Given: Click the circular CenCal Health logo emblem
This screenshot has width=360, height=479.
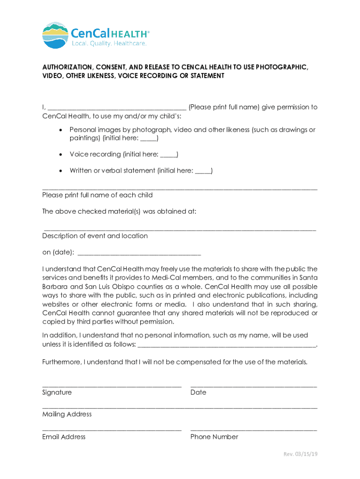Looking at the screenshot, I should point(55,36).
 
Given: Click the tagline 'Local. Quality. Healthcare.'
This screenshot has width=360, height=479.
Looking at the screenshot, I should point(109,44).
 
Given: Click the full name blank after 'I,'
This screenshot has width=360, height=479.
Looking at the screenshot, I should point(117,108).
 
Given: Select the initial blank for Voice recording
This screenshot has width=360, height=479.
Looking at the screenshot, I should point(168,155).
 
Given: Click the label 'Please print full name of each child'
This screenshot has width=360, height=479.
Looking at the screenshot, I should point(97,195).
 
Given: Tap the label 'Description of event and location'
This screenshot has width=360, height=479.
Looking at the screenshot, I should point(95,236).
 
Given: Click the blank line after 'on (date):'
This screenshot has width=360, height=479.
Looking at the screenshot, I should point(139,253).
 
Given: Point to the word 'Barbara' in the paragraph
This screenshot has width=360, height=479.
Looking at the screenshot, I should point(54,287).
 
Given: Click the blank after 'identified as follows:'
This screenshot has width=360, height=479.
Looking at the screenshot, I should point(227,345).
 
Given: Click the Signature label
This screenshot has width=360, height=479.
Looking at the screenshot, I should point(57,393).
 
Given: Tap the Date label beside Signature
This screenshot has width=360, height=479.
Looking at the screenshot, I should point(198,393).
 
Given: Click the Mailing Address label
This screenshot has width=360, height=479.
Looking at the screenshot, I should point(67,414).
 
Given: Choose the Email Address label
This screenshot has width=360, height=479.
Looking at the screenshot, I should point(64,437).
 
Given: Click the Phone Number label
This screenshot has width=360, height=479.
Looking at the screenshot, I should point(214,437).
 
